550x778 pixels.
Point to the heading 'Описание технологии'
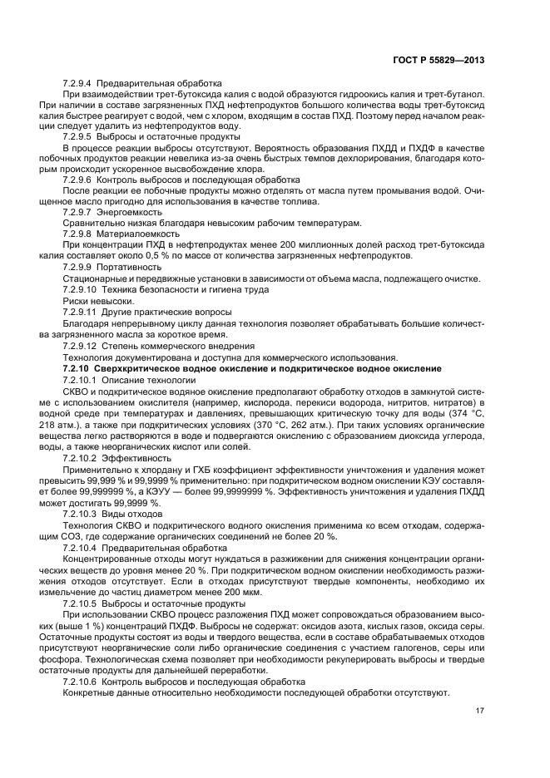(x=142, y=378)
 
